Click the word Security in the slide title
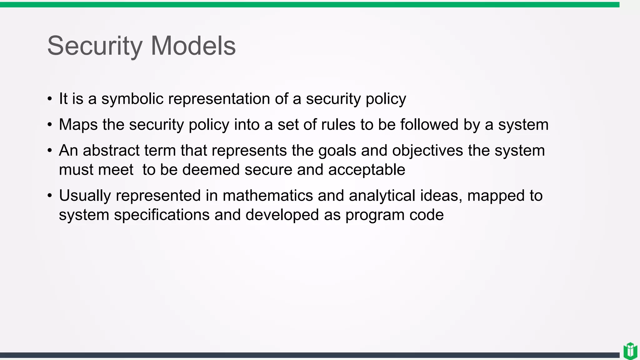point(95,46)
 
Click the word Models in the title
point(193,46)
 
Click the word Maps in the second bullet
point(78,125)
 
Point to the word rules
point(337,125)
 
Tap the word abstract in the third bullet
point(111,151)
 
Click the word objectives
point(427,151)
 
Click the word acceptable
point(367,170)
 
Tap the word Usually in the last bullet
point(85,196)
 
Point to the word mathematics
point(267,196)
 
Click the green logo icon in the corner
point(630,351)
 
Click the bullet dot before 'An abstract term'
point(50,151)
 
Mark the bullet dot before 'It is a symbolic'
point(50,99)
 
